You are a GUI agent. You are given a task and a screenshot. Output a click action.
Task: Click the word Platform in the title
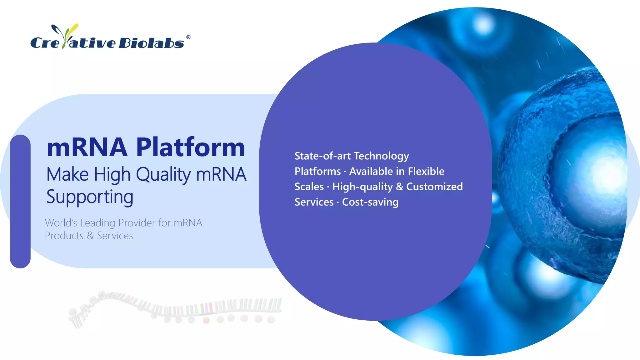coord(191,147)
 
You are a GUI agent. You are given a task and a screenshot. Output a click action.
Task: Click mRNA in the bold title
coord(87,147)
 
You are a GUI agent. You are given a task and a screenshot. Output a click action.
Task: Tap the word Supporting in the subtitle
coord(90,197)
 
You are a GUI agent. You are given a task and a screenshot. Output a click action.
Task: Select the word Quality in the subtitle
coord(163,174)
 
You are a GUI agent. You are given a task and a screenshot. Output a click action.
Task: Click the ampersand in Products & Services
coord(90,236)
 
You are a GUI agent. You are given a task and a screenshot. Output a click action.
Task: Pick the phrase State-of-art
coord(322,156)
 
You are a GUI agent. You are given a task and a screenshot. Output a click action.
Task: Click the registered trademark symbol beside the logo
coord(188,37)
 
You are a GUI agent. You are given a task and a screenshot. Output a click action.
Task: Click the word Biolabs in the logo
coord(151,43)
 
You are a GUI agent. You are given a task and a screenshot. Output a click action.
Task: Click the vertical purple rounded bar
coord(20,201)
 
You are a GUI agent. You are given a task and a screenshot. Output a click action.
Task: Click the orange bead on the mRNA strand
coord(206,320)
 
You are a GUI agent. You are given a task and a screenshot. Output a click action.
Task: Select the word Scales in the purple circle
coord(309,187)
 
